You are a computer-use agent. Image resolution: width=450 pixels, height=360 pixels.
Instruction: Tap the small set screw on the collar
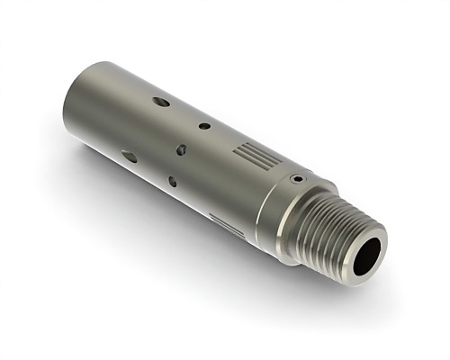pos(296,178)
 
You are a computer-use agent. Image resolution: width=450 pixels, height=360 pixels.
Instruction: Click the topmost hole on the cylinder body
pos(161,102)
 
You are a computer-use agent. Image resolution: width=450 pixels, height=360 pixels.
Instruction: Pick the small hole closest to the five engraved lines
pos(204,125)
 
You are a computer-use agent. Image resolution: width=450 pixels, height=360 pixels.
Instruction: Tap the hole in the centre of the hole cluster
pos(181,148)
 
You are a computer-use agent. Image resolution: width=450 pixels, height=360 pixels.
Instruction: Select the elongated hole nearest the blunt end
pos(130,156)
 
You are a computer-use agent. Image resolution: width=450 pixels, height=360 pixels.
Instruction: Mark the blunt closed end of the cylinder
pos(72,112)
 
